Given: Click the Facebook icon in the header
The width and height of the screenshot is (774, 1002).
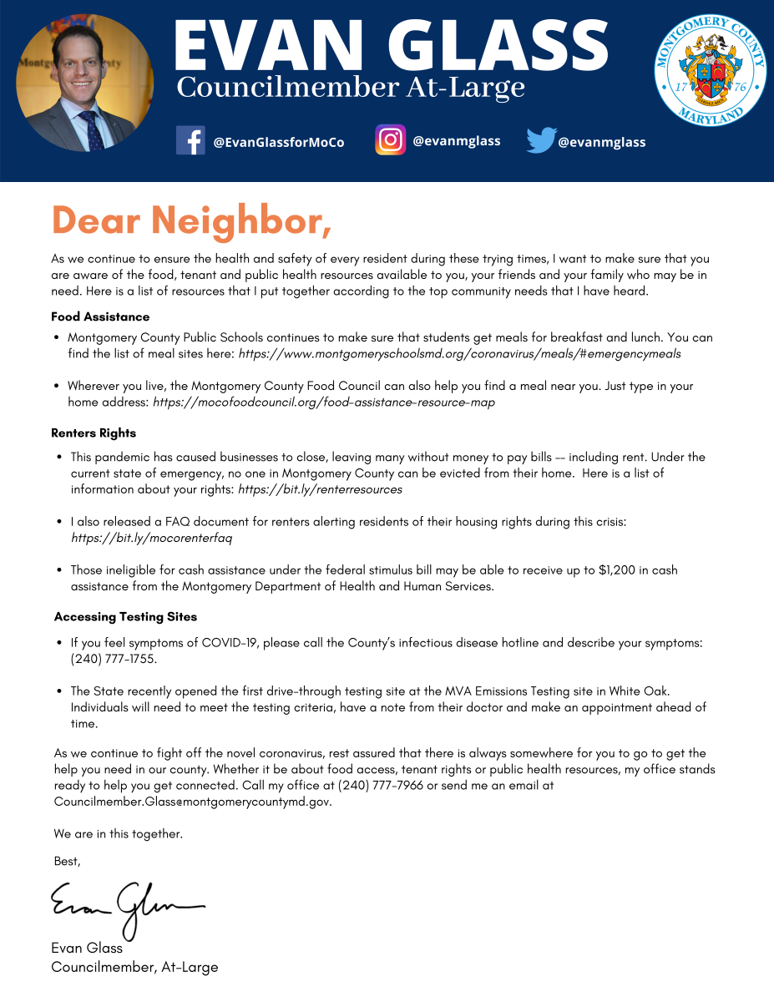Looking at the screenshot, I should (190, 140).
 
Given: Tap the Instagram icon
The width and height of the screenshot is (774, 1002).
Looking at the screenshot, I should (390, 139).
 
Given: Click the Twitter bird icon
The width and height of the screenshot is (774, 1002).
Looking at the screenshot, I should (540, 140).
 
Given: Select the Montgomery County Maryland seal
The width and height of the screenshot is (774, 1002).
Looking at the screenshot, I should (711, 68).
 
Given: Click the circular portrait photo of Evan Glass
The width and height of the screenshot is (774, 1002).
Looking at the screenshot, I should (84, 83).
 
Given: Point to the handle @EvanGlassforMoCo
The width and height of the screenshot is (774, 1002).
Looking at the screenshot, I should (278, 142).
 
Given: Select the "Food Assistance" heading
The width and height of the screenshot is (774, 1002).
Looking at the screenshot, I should (100, 317).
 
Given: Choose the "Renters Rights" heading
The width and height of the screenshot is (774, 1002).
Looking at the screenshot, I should (94, 433).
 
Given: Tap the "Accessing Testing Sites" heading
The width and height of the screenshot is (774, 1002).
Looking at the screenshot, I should (125, 616).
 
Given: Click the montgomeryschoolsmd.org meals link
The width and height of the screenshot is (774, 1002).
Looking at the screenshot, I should (459, 354).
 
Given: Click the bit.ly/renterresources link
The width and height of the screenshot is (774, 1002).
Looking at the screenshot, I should (320, 489).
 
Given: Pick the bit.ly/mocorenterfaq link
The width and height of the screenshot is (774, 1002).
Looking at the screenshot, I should (151, 538).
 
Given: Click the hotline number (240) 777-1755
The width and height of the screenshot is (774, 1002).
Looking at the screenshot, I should (114, 659).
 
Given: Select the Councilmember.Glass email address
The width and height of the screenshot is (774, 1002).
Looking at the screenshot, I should (192, 802).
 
